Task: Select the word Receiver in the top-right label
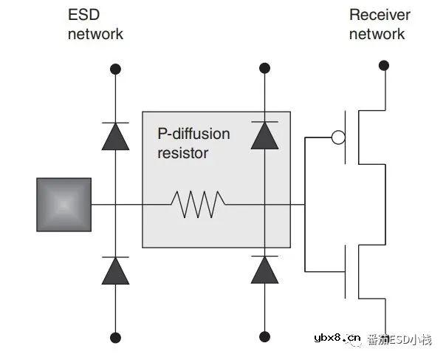tap(380, 15)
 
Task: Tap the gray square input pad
tap(64, 204)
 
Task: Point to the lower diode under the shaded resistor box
tap(264, 271)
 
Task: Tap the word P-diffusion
tap(193, 134)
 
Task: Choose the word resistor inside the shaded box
tap(183, 153)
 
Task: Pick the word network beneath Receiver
tap(377, 34)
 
